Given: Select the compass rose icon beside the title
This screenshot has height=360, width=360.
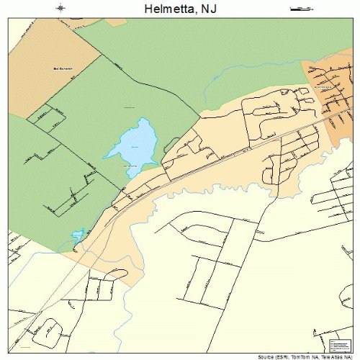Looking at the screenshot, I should [60, 9].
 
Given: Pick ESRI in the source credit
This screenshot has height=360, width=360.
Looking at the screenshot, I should [283, 356].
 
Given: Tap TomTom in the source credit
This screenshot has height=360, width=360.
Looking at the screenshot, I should [300, 356].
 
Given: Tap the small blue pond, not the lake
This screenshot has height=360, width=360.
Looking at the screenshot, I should [77, 235].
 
